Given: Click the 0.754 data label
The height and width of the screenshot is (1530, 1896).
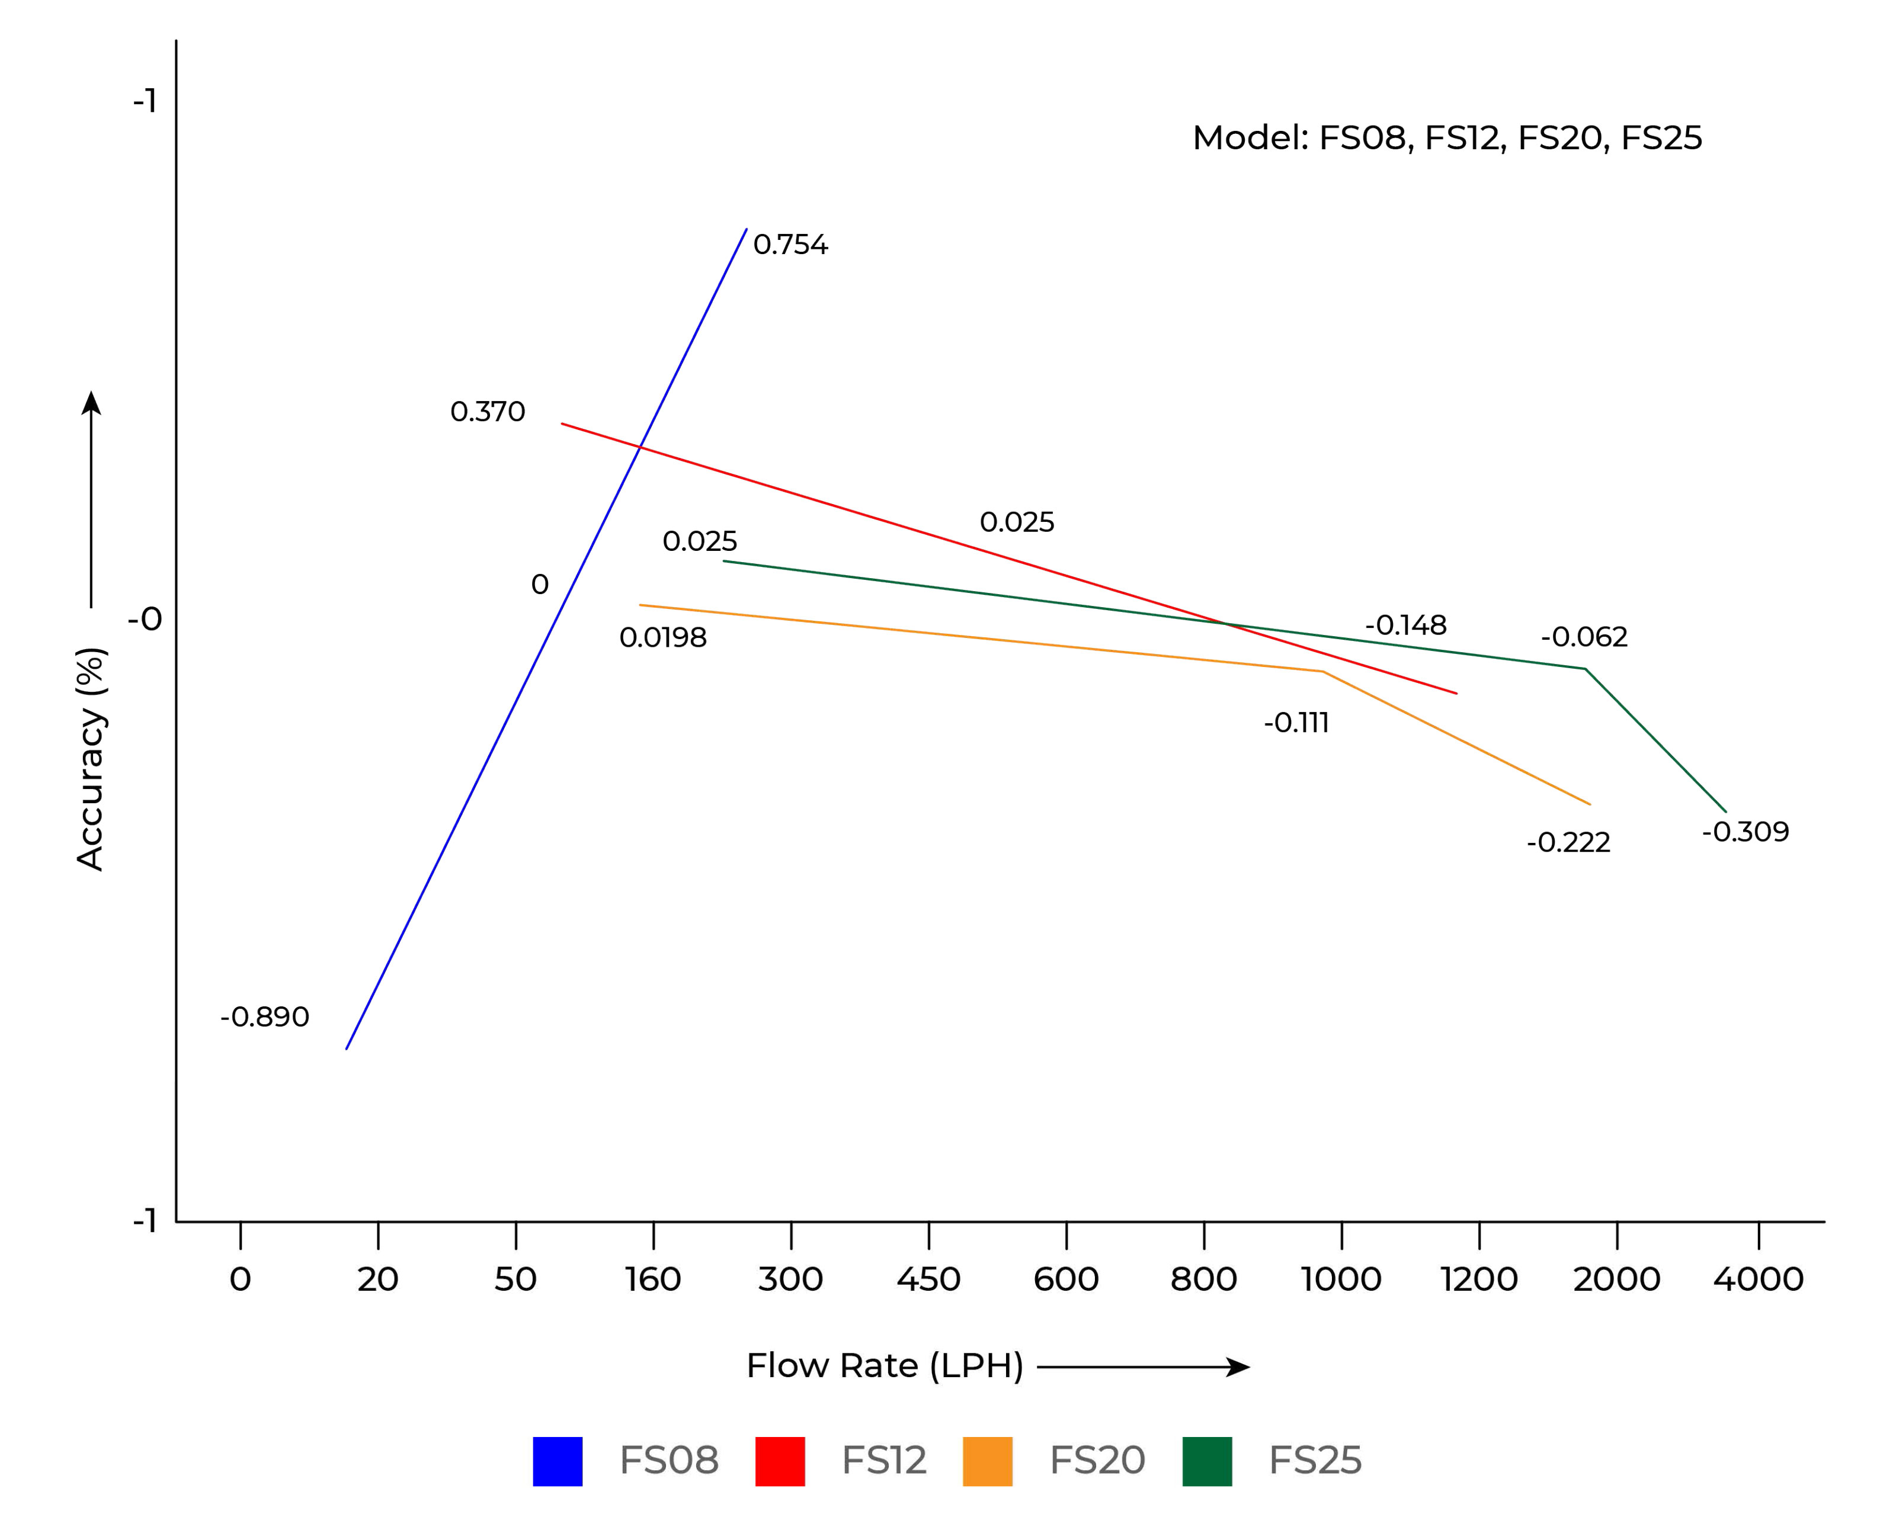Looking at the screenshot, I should (x=790, y=244).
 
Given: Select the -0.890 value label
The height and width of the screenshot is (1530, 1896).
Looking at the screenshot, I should (x=264, y=1017).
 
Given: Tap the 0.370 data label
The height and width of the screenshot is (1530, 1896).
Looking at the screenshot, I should (x=488, y=412).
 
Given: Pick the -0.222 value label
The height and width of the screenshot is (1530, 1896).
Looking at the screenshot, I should (x=1568, y=842).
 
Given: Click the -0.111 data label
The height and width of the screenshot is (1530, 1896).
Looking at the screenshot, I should (x=1296, y=723).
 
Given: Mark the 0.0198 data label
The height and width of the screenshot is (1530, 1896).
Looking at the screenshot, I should (x=663, y=637).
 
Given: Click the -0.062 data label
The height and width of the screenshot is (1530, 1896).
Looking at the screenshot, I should (x=1584, y=636).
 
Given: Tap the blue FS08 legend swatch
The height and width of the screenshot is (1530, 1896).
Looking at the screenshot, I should (x=557, y=1461).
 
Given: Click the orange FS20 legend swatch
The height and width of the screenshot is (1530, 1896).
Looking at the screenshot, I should (x=987, y=1461).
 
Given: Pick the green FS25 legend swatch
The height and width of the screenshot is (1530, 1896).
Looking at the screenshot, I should (x=1207, y=1461).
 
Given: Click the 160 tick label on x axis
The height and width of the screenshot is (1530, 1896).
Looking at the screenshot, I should (x=653, y=1279).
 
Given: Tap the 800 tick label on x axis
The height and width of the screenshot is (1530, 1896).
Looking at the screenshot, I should (x=1203, y=1279).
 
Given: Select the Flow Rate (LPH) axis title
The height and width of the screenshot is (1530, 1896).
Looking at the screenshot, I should (x=884, y=1365).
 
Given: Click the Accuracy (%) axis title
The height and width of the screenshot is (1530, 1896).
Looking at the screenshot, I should (x=91, y=759).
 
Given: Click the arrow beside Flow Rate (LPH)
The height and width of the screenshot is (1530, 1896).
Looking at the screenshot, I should (x=1144, y=1367).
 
